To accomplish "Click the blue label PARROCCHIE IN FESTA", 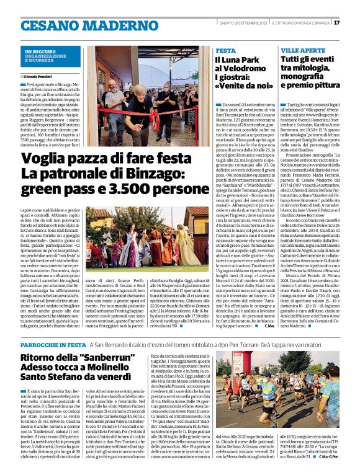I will click(53, 344).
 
